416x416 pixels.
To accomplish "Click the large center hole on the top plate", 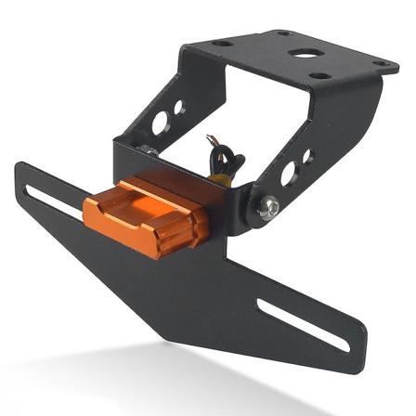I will coord(302,54).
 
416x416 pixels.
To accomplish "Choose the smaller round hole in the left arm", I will coord(178,107).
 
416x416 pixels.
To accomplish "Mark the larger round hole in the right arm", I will coord(288,173).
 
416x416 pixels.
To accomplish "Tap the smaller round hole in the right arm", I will coord(307,156).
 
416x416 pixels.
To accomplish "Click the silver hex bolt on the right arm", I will coord(268,209).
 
